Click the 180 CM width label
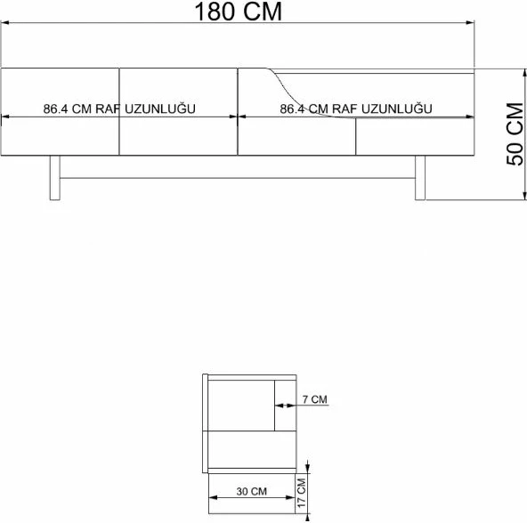tap(238, 12)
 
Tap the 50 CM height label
tap(515, 133)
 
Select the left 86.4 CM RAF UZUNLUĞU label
tap(119, 109)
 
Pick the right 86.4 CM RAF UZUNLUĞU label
tap(356, 109)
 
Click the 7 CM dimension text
tap(314, 399)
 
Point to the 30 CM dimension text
tap(251, 492)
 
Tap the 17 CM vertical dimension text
tap(302, 493)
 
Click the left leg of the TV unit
tap(55, 178)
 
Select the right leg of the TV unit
tap(420, 178)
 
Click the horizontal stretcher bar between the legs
tap(238, 178)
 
